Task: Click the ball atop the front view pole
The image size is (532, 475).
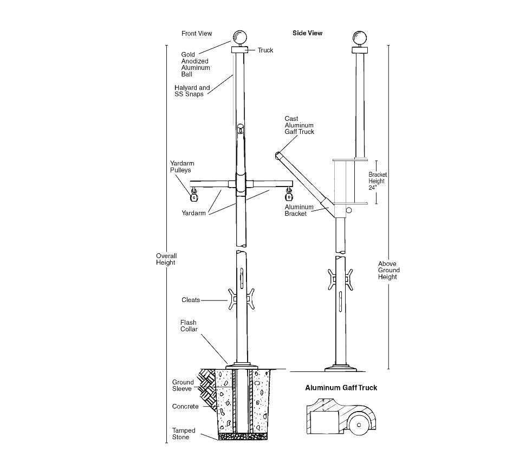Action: click(x=240, y=37)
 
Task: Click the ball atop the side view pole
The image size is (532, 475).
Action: click(x=360, y=37)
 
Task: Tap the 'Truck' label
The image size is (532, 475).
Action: click(x=265, y=50)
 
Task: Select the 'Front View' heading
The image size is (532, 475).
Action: click(x=197, y=34)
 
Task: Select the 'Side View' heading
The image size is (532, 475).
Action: click(x=307, y=33)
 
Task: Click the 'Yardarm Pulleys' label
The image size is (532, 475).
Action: click(x=182, y=166)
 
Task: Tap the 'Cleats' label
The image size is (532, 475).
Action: click(x=191, y=300)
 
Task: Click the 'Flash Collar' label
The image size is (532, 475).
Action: click(x=189, y=325)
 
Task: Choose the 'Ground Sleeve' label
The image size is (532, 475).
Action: click(x=183, y=386)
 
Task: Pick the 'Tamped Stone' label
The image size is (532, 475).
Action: click(x=184, y=434)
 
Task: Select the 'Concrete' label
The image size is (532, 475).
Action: click(x=185, y=407)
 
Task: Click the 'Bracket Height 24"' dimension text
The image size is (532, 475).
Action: click(x=378, y=181)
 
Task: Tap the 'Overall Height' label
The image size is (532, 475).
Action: click(x=166, y=259)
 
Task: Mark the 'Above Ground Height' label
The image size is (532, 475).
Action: click(x=389, y=270)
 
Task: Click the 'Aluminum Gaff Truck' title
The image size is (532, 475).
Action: click(x=341, y=388)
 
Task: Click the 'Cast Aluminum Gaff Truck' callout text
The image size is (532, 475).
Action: click(x=299, y=125)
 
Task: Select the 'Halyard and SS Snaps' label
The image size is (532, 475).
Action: click(x=192, y=91)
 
